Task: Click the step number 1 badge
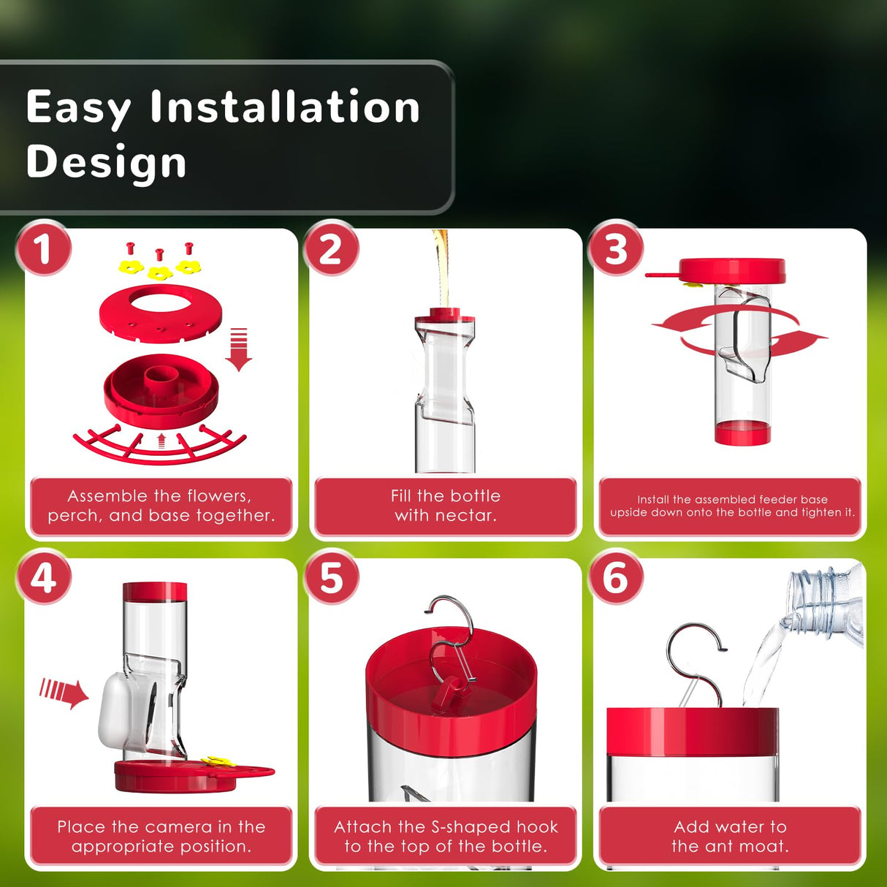point(44,248)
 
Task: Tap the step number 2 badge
point(331,248)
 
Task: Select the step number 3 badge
point(616,248)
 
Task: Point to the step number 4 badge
point(44,577)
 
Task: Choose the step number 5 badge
point(331,577)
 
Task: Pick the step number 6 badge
point(616,577)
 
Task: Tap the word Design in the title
point(107,161)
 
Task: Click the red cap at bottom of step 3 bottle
point(742,433)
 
